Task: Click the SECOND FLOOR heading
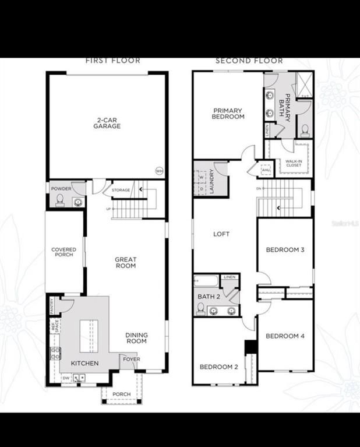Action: click(x=249, y=60)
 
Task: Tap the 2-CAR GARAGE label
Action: click(x=108, y=123)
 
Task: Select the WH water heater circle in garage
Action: click(x=159, y=171)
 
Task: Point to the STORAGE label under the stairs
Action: click(x=121, y=189)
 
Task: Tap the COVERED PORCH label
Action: click(x=64, y=252)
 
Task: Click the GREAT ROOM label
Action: click(x=125, y=262)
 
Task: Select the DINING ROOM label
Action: click(x=136, y=338)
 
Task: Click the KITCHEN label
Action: click(x=85, y=363)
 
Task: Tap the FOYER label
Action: click(x=130, y=359)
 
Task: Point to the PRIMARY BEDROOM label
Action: click(x=229, y=114)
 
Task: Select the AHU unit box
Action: click(x=266, y=170)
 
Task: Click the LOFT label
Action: click(x=221, y=234)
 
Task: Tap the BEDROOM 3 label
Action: click(x=285, y=250)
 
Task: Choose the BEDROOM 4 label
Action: click(x=285, y=336)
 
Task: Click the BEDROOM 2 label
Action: click(x=219, y=367)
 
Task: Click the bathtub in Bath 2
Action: click(x=206, y=281)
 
